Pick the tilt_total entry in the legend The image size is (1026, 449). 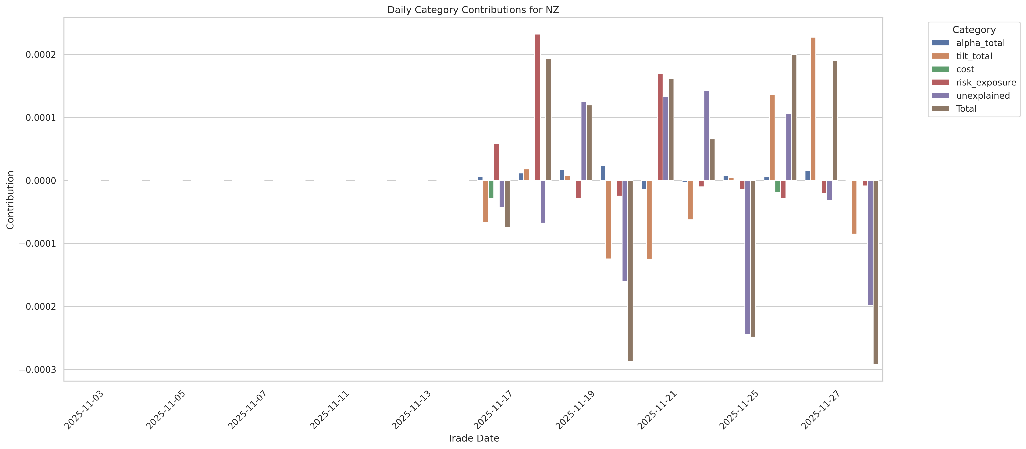(x=974, y=56)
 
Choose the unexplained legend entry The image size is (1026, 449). (x=983, y=96)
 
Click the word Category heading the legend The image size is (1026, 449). (x=974, y=30)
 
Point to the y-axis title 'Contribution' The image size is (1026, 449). (x=10, y=200)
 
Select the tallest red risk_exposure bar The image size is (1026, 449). (x=537, y=108)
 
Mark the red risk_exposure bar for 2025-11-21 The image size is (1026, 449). (x=660, y=127)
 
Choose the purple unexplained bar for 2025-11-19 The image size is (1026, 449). (x=584, y=141)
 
